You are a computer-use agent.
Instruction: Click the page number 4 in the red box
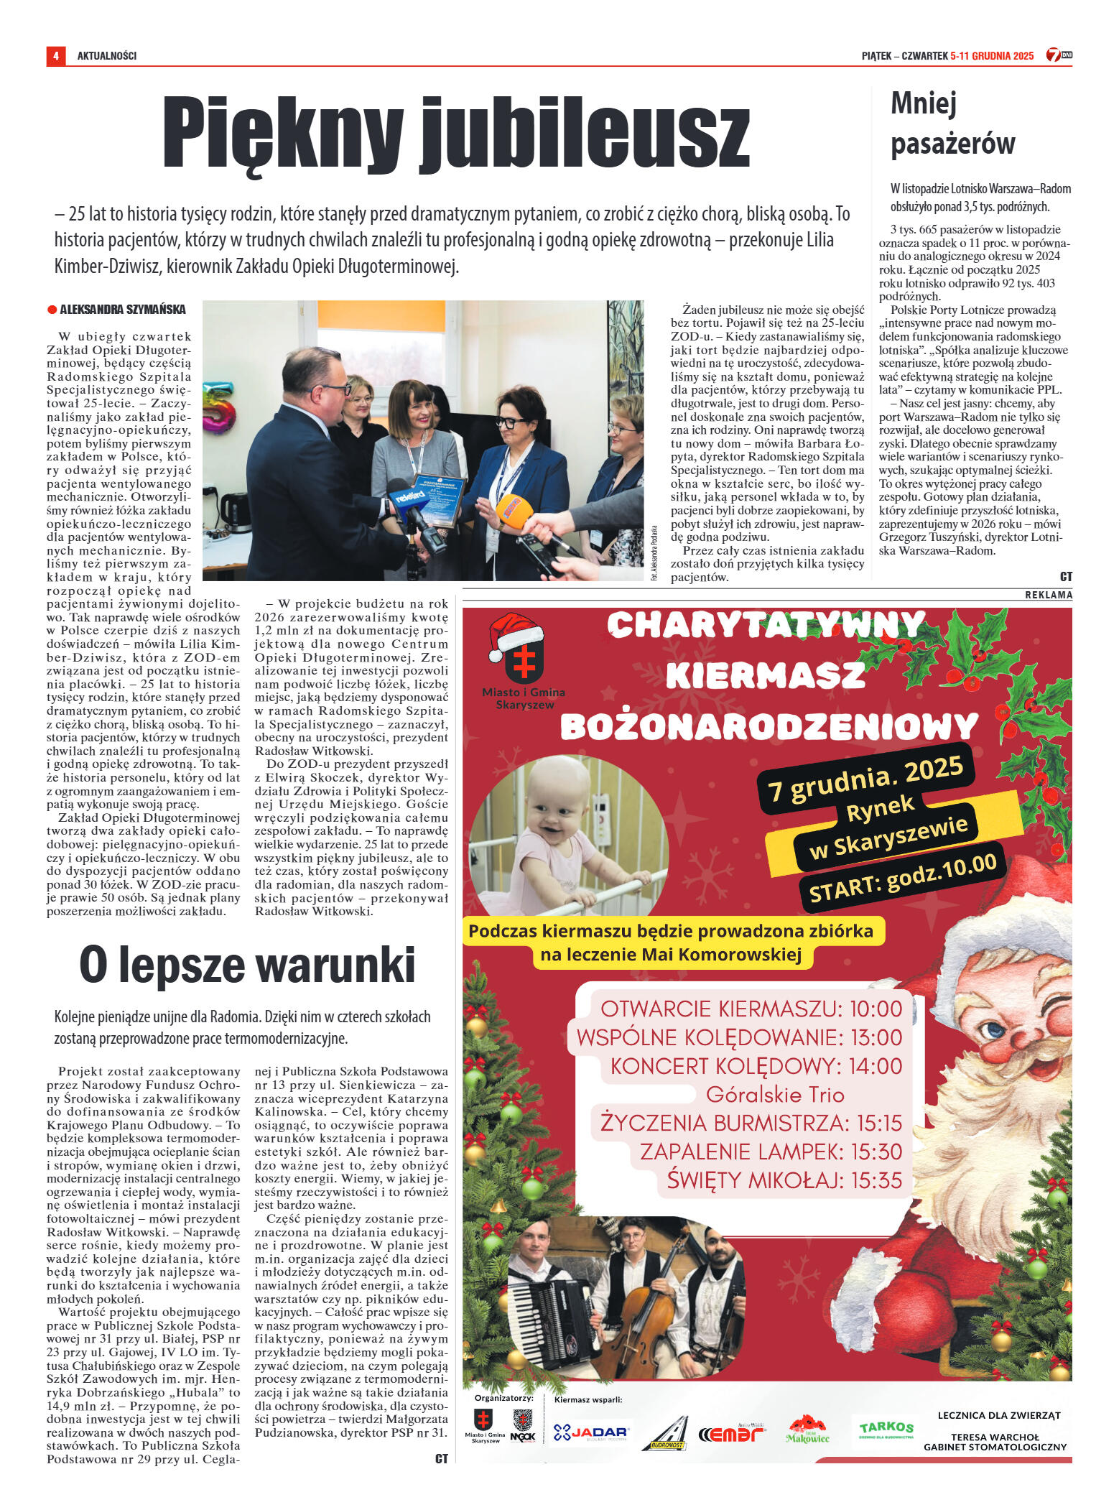pyautogui.click(x=55, y=56)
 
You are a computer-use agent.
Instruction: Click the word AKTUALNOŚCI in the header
pyautogui.click(x=106, y=56)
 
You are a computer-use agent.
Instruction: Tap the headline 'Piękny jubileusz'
pyautogui.click(x=456, y=134)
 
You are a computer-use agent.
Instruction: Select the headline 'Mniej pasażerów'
pyautogui.click(x=952, y=124)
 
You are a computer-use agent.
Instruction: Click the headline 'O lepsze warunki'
pyautogui.click(x=247, y=965)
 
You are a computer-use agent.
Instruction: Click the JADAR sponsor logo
pyautogui.click(x=590, y=1433)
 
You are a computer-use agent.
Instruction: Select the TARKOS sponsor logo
pyautogui.click(x=886, y=1429)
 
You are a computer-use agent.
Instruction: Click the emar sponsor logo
pyautogui.click(x=731, y=1434)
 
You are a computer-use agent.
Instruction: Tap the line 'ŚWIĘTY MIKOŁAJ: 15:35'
pyautogui.click(x=784, y=1180)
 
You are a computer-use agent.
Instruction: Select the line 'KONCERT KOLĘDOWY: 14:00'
pyautogui.click(x=756, y=1066)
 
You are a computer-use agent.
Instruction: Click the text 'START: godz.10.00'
pyautogui.click(x=903, y=879)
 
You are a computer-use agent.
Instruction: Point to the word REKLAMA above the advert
pyautogui.click(x=1048, y=596)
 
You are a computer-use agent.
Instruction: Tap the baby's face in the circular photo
pyautogui.click(x=554, y=807)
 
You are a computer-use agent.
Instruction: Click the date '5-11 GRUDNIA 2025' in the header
pyautogui.click(x=991, y=56)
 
